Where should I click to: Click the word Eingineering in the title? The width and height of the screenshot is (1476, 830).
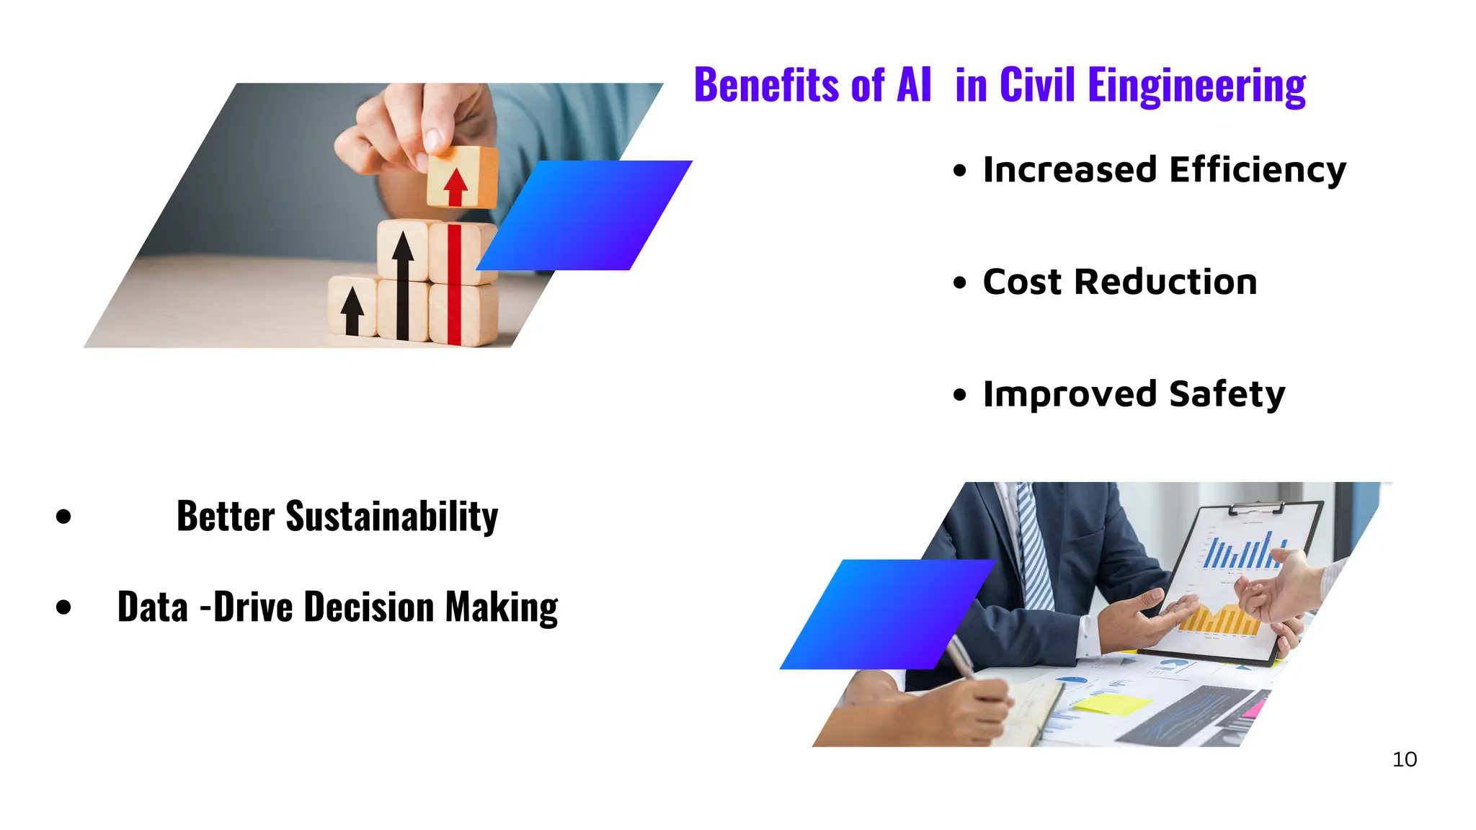[x=1196, y=86]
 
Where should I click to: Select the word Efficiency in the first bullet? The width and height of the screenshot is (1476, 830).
[x=1257, y=171]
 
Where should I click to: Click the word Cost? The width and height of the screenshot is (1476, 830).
[x=1022, y=282]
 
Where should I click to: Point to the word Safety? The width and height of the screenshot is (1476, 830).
[x=1227, y=394]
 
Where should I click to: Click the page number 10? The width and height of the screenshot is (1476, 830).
[x=1404, y=759]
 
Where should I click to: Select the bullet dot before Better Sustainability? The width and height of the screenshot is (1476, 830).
[x=63, y=517]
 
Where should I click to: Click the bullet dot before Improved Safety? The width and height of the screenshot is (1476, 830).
[x=959, y=395]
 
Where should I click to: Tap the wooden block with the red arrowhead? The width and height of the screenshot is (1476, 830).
[x=461, y=178]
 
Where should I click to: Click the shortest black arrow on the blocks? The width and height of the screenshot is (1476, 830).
[x=352, y=311]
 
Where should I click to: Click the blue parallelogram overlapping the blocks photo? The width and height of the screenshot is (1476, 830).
[x=584, y=215]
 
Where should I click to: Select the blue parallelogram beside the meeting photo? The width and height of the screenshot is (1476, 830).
[x=887, y=614]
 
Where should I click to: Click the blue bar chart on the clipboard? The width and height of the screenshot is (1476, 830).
[x=1243, y=552]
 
